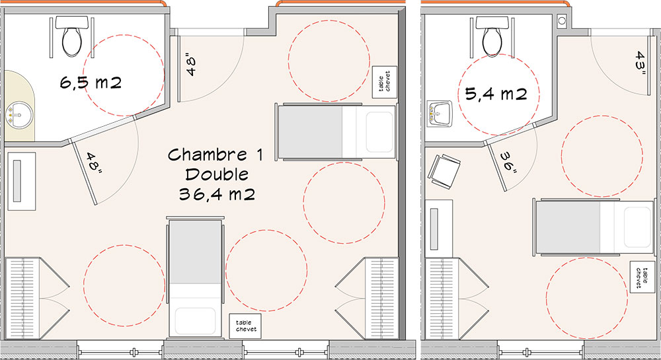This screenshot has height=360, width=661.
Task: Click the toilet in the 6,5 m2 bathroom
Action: pyautogui.click(x=71, y=36)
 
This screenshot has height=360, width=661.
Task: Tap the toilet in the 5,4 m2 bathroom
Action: pyautogui.click(x=492, y=36)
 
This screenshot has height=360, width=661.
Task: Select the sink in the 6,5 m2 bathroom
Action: pyautogui.click(x=19, y=114)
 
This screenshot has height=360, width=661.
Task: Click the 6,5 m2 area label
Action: pyautogui.click(x=91, y=82)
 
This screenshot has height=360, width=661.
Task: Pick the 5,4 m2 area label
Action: pyautogui.click(x=496, y=93)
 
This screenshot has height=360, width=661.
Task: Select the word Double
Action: pyautogui.click(x=217, y=174)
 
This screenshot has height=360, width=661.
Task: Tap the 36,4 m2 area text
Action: pyautogui.click(x=217, y=194)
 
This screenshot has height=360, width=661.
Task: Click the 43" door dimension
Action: pyautogui.click(x=641, y=63)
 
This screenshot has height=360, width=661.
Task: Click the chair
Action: pyautogui.click(x=444, y=170)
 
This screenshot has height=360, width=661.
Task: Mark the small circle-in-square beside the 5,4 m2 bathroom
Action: pyautogui.click(x=561, y=20)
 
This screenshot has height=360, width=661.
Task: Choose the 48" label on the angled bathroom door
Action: pyautogui.click(x=95, y=163)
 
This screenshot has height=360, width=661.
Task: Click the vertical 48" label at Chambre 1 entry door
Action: pyautogui.click(x=191, y=65)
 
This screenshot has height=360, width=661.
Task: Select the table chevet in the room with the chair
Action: pyautogui.click(x=642, y=277)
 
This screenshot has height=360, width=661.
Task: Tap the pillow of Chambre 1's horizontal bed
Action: pyautogui.click(x=379, y=132)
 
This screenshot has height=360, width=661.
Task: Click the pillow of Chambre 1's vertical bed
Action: pyautogui.click(x=195, y=321)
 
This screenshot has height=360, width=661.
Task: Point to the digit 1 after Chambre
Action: pyautogui.click(x=259, y=155)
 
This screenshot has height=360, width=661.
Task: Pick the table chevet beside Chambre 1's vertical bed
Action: pyautogui.click(x=245, y=326)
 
